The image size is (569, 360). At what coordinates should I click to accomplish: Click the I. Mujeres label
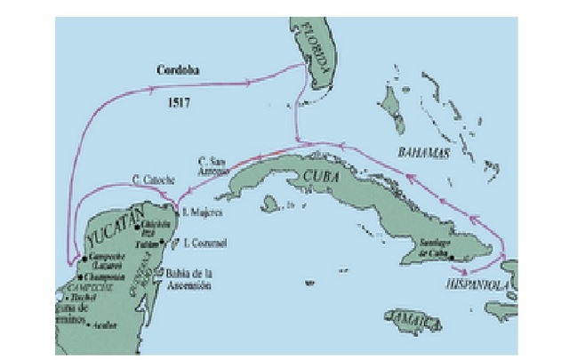tap(200, 212)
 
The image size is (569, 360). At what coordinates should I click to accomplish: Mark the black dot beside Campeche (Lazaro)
tap(84, 259)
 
